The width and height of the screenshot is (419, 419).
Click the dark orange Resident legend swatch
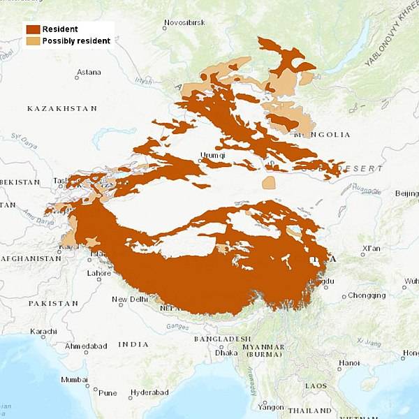pyautogui.click(x=33, y=29)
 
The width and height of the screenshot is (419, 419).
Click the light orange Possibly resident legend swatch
pyautogui.click(x=33, y=41)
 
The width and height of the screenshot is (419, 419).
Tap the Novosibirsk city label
pyautogui.click(x=184, y=23)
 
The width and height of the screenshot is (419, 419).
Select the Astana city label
pyautogui.click(x=89, y=72)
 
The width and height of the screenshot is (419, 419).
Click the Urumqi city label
pyautogui.click(x=213, y=155)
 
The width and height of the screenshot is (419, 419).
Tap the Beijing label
pyautogui.click(x=406, y=193)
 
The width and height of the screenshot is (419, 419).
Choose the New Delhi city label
pyautogui.click(x=130, y=300)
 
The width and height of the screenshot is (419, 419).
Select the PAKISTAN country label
pyautogui.click(x=53, y=304)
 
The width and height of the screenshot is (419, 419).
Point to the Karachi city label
pyautogui.click(x=43, y=331)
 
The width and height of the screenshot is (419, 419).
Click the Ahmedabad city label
pyautogui.click(x=87, y=346)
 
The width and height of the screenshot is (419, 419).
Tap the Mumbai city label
pyautogui.click(x=74, y=380)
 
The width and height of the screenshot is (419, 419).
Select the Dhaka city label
pyautogui.click(x=226, y=353)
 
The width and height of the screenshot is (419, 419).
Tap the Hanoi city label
pyautogui.click(x=349, y=362)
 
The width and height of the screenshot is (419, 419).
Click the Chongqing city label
pyautogui.click(x=367, y=295)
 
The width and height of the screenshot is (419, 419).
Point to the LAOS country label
pyautogui.click(x=315, y=385)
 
